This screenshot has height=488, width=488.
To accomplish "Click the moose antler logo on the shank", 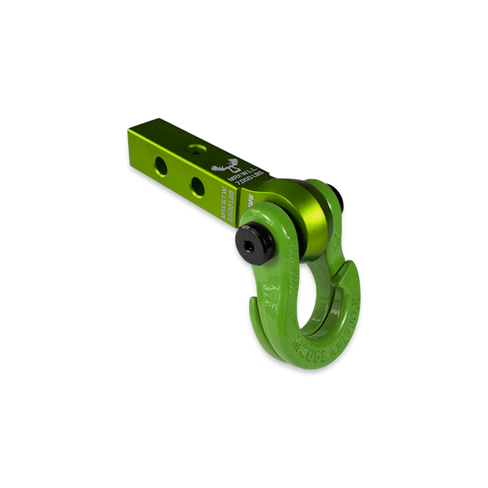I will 230,166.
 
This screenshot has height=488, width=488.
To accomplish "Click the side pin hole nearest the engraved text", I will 197,186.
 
